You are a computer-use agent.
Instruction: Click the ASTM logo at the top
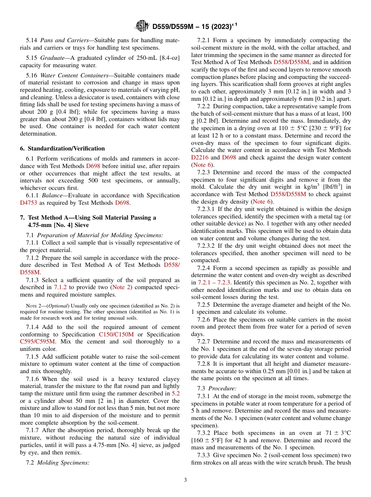pos(142,26)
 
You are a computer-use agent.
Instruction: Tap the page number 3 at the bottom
pos(185,480)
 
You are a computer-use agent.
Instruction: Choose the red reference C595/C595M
pos(37,341)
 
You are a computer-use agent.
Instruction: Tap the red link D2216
pos(199,157)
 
